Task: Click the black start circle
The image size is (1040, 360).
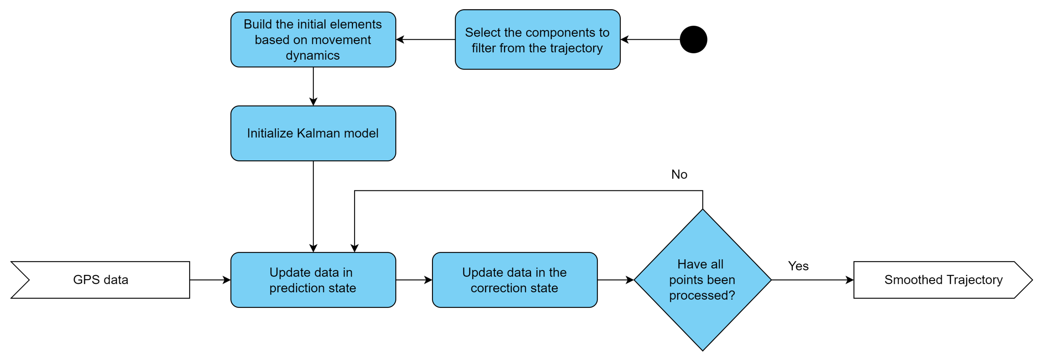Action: pos(693,40)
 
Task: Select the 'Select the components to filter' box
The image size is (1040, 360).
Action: pos(537,40)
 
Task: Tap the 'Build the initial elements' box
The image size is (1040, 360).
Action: pos(313,40)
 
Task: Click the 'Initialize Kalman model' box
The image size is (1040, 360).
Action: pos(313,133)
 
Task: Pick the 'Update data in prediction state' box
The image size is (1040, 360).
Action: pos(313,280)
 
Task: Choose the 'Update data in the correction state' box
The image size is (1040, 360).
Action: pos(514,280)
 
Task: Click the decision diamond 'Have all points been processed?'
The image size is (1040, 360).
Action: pos(702,280)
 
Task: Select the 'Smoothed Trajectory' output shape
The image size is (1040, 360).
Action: pos(943,280)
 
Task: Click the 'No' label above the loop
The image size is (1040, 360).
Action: pos(679,174)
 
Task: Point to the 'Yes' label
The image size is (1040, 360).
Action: pos(798,266)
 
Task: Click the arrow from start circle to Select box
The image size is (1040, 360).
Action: pos(650,40)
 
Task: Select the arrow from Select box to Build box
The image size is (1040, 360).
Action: pos(426,40)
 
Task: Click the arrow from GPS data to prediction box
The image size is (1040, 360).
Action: pos(210,280)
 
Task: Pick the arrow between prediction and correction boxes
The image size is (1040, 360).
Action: pos(414,280)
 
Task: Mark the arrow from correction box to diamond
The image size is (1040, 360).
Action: pos(615,280)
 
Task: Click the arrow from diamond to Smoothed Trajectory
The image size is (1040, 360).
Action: pos(812,280)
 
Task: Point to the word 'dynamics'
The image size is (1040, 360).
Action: pos(313,55)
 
